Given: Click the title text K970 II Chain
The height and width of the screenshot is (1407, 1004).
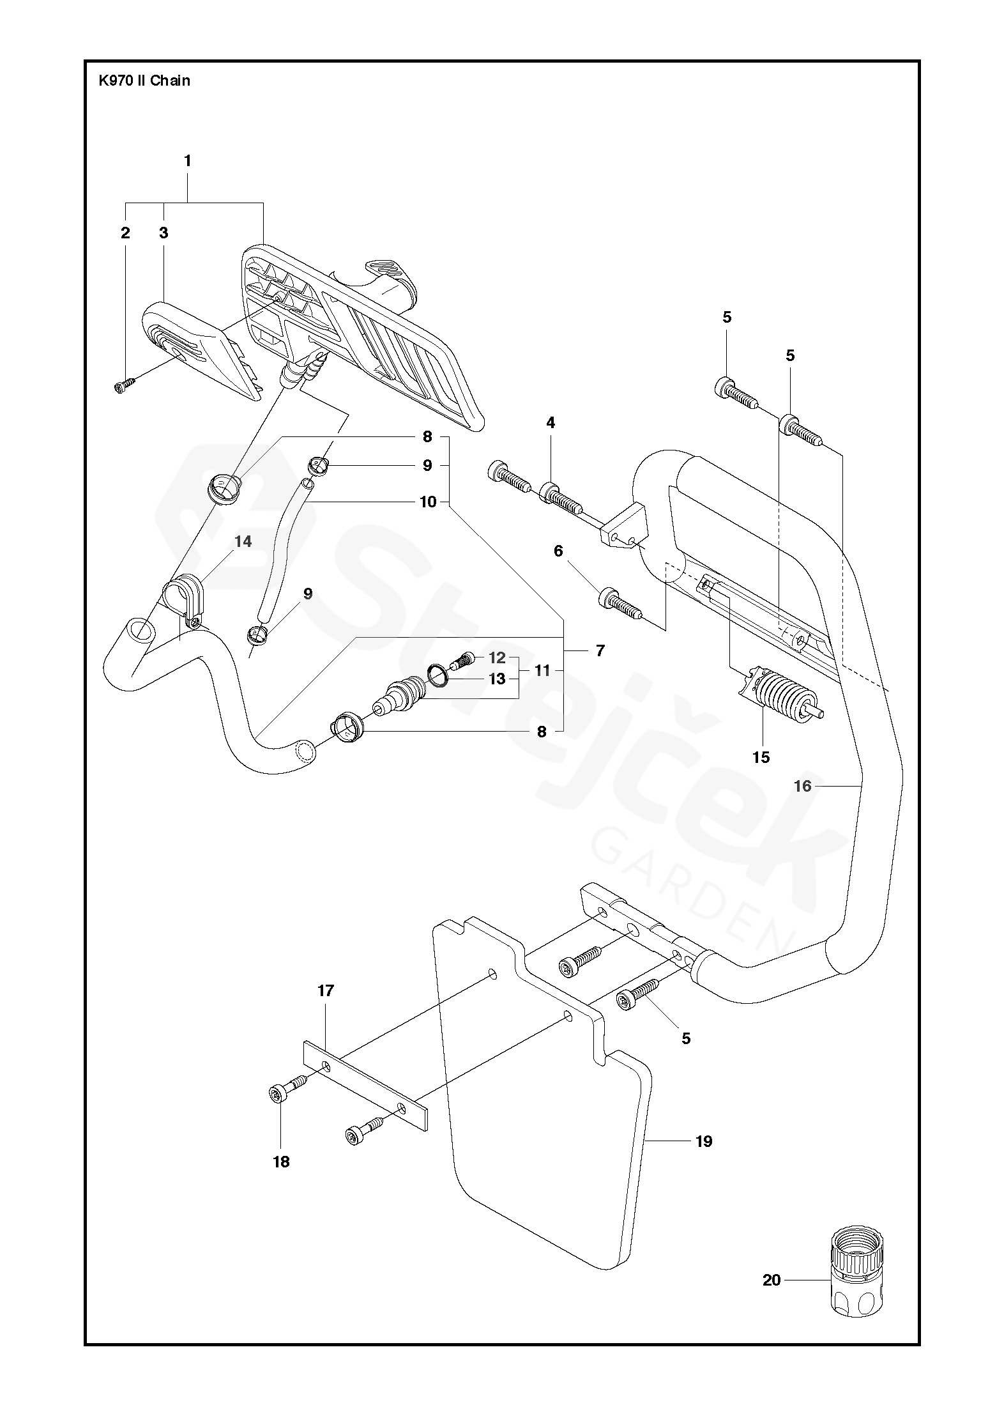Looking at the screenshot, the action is [x=144, y=81].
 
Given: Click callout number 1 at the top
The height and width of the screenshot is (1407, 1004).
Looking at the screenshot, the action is [x=188, y=162].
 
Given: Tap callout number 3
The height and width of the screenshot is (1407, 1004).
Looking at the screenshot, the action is [x=164, y=233].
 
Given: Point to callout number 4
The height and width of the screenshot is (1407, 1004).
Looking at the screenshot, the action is [x=551, y=422].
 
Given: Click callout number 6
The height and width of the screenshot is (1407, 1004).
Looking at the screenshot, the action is [x=558, y=551].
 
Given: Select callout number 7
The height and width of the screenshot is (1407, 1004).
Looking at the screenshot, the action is [x=600, y=651].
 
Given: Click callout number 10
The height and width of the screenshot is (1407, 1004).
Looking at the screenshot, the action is [x=428, y=502].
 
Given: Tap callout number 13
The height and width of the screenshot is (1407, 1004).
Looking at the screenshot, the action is [x=497, y=679].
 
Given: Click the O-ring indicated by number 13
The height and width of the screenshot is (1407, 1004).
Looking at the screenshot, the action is [x=437, y=675].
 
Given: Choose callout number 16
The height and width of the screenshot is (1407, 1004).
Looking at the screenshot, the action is [x=802, y=786].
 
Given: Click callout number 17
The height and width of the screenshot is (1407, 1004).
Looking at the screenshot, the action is [x=326, y=991].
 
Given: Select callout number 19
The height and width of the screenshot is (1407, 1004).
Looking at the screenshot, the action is [x=704, y=1141].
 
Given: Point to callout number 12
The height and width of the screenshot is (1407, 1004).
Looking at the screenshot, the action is [x=497, y=657].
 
